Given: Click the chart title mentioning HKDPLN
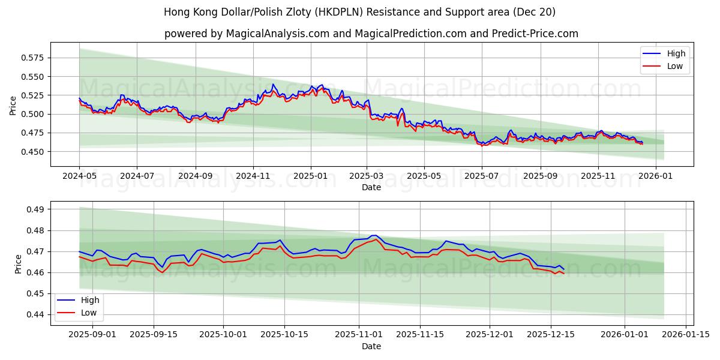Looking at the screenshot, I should pyautogui.click(x=359, y=12).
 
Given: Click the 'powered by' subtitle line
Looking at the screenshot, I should pyautogui.click(x=371, y=34).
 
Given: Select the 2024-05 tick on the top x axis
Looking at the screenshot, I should pyautogui.click(x=79, y=176).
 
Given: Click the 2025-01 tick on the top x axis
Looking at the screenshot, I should pyautogui.click(x=310, y=176).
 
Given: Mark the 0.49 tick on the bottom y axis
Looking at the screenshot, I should pyautogui.click(x=38, y=209).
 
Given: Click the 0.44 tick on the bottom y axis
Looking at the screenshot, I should pyautogui.click(x=38, y=314).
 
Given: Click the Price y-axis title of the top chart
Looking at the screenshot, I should pyautogui.click(x=13, y=106).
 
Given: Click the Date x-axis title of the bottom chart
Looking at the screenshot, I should pyautogui.click(x=371, y=346).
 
